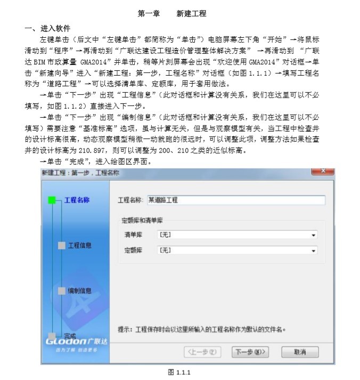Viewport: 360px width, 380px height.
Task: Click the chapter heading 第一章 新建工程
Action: [171, 13]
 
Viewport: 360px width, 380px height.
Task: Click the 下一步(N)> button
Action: [250, 352]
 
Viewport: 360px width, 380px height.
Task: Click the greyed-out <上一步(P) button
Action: [202, 352]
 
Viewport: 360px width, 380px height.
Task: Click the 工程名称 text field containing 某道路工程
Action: [235, 200]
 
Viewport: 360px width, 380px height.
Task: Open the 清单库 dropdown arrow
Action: [314, 235]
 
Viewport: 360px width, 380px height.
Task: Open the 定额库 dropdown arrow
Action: [314, 249]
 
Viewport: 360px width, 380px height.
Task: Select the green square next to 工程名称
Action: [52, 200]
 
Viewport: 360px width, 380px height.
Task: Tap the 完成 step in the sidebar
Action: [70, 335]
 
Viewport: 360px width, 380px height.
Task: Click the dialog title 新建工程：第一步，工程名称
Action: [80, 173]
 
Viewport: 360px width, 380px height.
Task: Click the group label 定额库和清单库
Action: [142, 220]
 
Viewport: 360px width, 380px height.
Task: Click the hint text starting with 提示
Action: [202, 329]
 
